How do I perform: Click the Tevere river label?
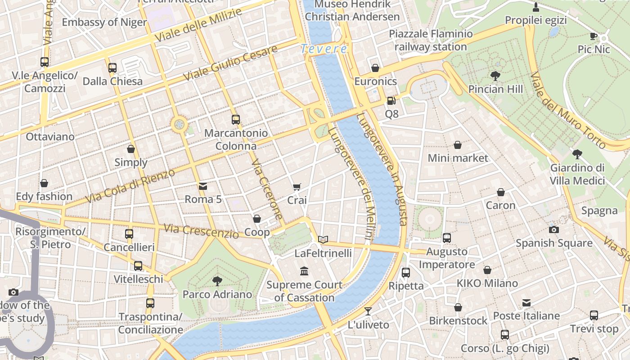(324, 49)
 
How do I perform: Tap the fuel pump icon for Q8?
(391, 101)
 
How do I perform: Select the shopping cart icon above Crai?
(297, 187)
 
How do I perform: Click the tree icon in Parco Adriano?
(217, 281)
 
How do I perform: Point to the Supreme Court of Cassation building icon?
(304, 271)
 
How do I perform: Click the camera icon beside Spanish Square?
(554, 229)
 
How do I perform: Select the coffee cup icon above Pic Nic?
(594, 36)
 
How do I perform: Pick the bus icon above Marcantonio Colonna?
(236, 120)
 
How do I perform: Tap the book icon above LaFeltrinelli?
(323, 239)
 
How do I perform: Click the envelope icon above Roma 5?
(203, 186)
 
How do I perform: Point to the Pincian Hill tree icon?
(495, 76)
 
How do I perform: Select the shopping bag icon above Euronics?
(375, 68)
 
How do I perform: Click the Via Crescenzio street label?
(201, 231)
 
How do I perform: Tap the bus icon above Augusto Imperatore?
(447, 238)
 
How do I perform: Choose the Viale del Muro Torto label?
(568, 110)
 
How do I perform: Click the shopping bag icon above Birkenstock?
(458, 307)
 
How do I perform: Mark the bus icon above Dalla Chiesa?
(112, 68)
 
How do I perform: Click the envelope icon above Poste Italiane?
(526, 303)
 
